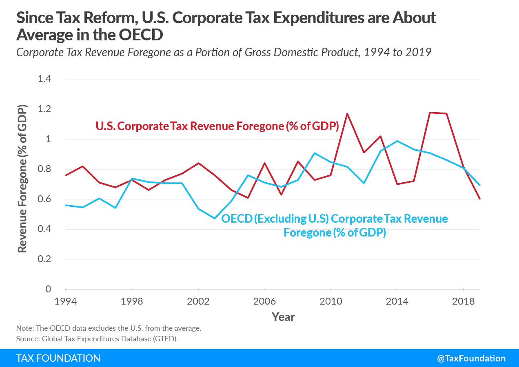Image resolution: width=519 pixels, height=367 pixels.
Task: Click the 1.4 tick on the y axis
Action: click(x=44, y=79)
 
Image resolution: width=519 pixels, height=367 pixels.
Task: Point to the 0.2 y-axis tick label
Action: click(x=44, y=259)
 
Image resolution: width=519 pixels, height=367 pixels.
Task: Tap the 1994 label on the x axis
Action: click(x=66, y=302)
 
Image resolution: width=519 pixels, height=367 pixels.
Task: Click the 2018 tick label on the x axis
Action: click(x=464, y=302)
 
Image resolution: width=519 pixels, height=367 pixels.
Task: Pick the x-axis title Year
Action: click(x=283, y=317)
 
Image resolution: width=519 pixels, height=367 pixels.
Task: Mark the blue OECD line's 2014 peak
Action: click(x=397, y=141)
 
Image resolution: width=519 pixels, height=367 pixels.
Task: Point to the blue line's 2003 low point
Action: click(x=215, y=218)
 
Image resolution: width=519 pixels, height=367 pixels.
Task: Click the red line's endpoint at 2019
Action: click(x=480, y=199)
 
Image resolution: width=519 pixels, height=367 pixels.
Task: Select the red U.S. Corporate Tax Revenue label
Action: click(x=217, y=126)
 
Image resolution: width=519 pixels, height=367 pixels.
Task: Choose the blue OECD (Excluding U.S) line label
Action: click(x=334, y=226)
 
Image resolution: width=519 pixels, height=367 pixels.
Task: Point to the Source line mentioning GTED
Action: click(x=97, y=339)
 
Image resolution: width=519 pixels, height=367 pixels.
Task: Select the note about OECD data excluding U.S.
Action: click(x=109, y=328)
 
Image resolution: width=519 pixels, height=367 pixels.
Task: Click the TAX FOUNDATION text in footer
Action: click(x=58, y=358)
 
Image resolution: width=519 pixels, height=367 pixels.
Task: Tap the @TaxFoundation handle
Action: click(x=471, y=358)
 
